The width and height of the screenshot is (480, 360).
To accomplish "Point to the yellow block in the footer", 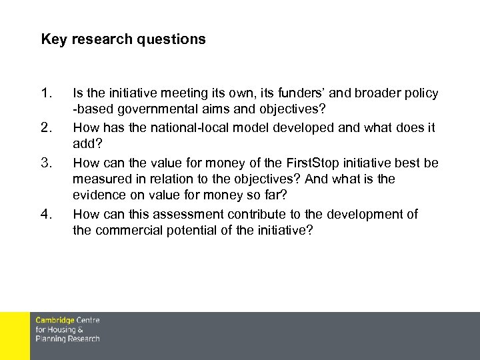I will [x=15, y=336].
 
